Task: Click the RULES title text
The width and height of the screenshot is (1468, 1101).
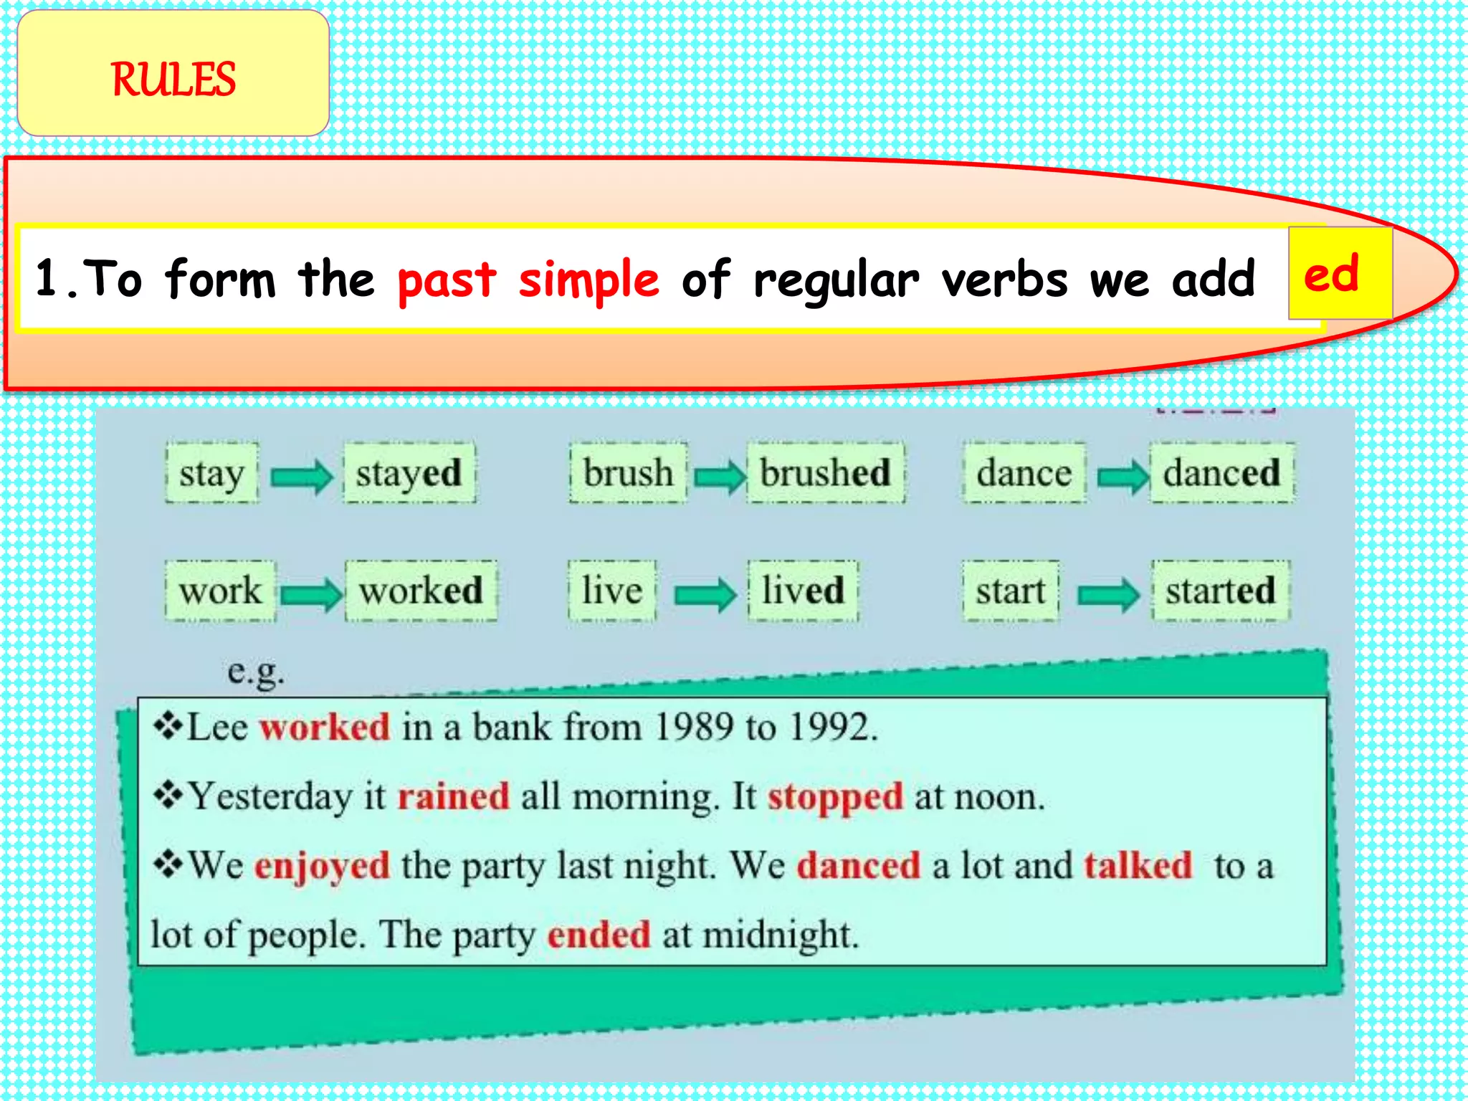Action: pos(173,79)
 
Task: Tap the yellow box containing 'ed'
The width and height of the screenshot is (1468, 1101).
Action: pos(1339,273)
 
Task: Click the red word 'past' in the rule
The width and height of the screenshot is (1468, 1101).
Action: pos(447,280)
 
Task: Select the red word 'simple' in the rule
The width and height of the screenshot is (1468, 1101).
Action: pos(588,280)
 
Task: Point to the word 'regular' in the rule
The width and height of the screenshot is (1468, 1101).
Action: pos(836,280)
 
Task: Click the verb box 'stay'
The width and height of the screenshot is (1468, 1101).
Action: pos(212,473)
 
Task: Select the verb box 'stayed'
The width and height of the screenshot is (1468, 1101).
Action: pos(409,473)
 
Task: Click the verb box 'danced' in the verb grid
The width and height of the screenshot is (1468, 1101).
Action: pos(1221,473)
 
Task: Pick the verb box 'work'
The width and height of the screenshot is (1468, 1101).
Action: pos(220,591)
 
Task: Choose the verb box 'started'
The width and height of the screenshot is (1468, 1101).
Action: pos(1220,591)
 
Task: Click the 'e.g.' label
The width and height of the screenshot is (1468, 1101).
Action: pos(256,672)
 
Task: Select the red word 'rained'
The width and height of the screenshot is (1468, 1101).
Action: pos(454,796)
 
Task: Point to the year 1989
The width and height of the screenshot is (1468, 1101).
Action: pos(694,728)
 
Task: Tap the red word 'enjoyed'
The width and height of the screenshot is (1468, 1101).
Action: pos(323,867)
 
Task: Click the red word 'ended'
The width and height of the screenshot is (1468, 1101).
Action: pos(599,935)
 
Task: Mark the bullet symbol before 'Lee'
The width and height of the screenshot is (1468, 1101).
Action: pos(168,726)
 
